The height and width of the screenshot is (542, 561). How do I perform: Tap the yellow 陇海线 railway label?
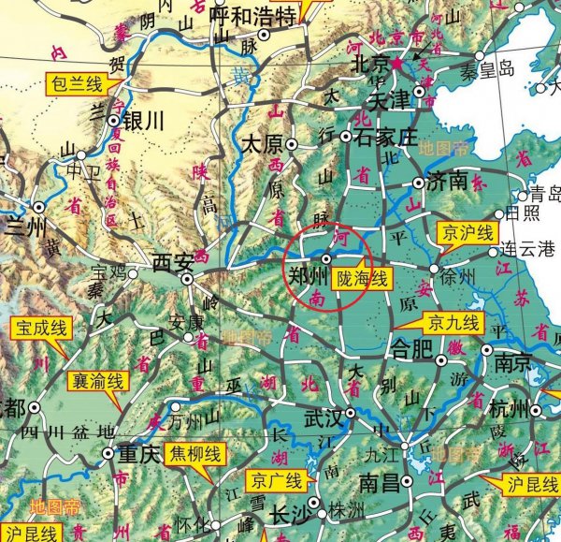pyautogui.click(x=359, y=278)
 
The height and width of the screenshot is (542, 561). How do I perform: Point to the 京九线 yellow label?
pyautogui.click(x=453, y=325)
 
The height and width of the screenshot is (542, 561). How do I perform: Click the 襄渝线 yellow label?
pyautogui.click(x=97, y=381)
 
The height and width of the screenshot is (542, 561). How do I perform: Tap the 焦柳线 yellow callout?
pyautogui.click(x=195, y=455)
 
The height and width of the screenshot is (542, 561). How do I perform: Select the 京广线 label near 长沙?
pyautogui.click(x=276, y=482)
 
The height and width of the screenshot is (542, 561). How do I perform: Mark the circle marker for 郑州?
pyautogui.click(x=326, y=257)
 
